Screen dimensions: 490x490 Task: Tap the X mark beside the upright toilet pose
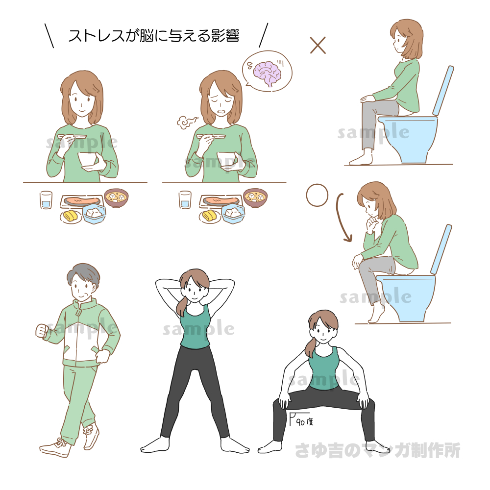[x=318, y=45]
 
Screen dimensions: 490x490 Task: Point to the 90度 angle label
[x=305, y=422]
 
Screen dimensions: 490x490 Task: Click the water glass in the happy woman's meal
[x=46, y=200]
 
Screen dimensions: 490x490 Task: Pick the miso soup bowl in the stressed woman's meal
[x=255, y=197]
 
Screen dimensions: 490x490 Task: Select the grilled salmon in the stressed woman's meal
[x=221, y=200]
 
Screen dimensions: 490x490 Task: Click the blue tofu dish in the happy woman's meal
[x=94, y=214]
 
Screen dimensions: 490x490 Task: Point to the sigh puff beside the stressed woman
[x=187, y=122]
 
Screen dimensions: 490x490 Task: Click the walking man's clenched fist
[x=42, y=331]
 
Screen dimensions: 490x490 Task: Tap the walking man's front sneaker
[x=55, y=448]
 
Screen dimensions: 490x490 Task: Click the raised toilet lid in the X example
[x=443, y=90]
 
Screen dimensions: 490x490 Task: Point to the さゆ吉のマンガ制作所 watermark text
[x=377, y=450]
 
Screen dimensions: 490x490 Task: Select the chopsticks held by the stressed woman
[x=211, y=136]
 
